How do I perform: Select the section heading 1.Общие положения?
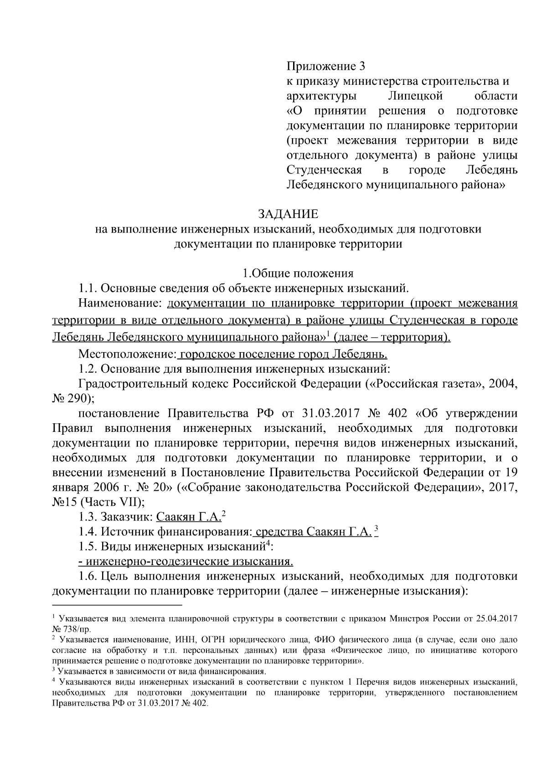click(298, 273)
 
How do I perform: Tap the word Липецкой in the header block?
click(416, 96)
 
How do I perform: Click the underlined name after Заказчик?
click(188, 517)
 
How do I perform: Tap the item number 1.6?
click(88, 576)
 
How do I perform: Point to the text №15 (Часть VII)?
click(98, 502)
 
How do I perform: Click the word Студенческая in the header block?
click(324, 170)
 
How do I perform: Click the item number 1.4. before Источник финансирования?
click(88, 531)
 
